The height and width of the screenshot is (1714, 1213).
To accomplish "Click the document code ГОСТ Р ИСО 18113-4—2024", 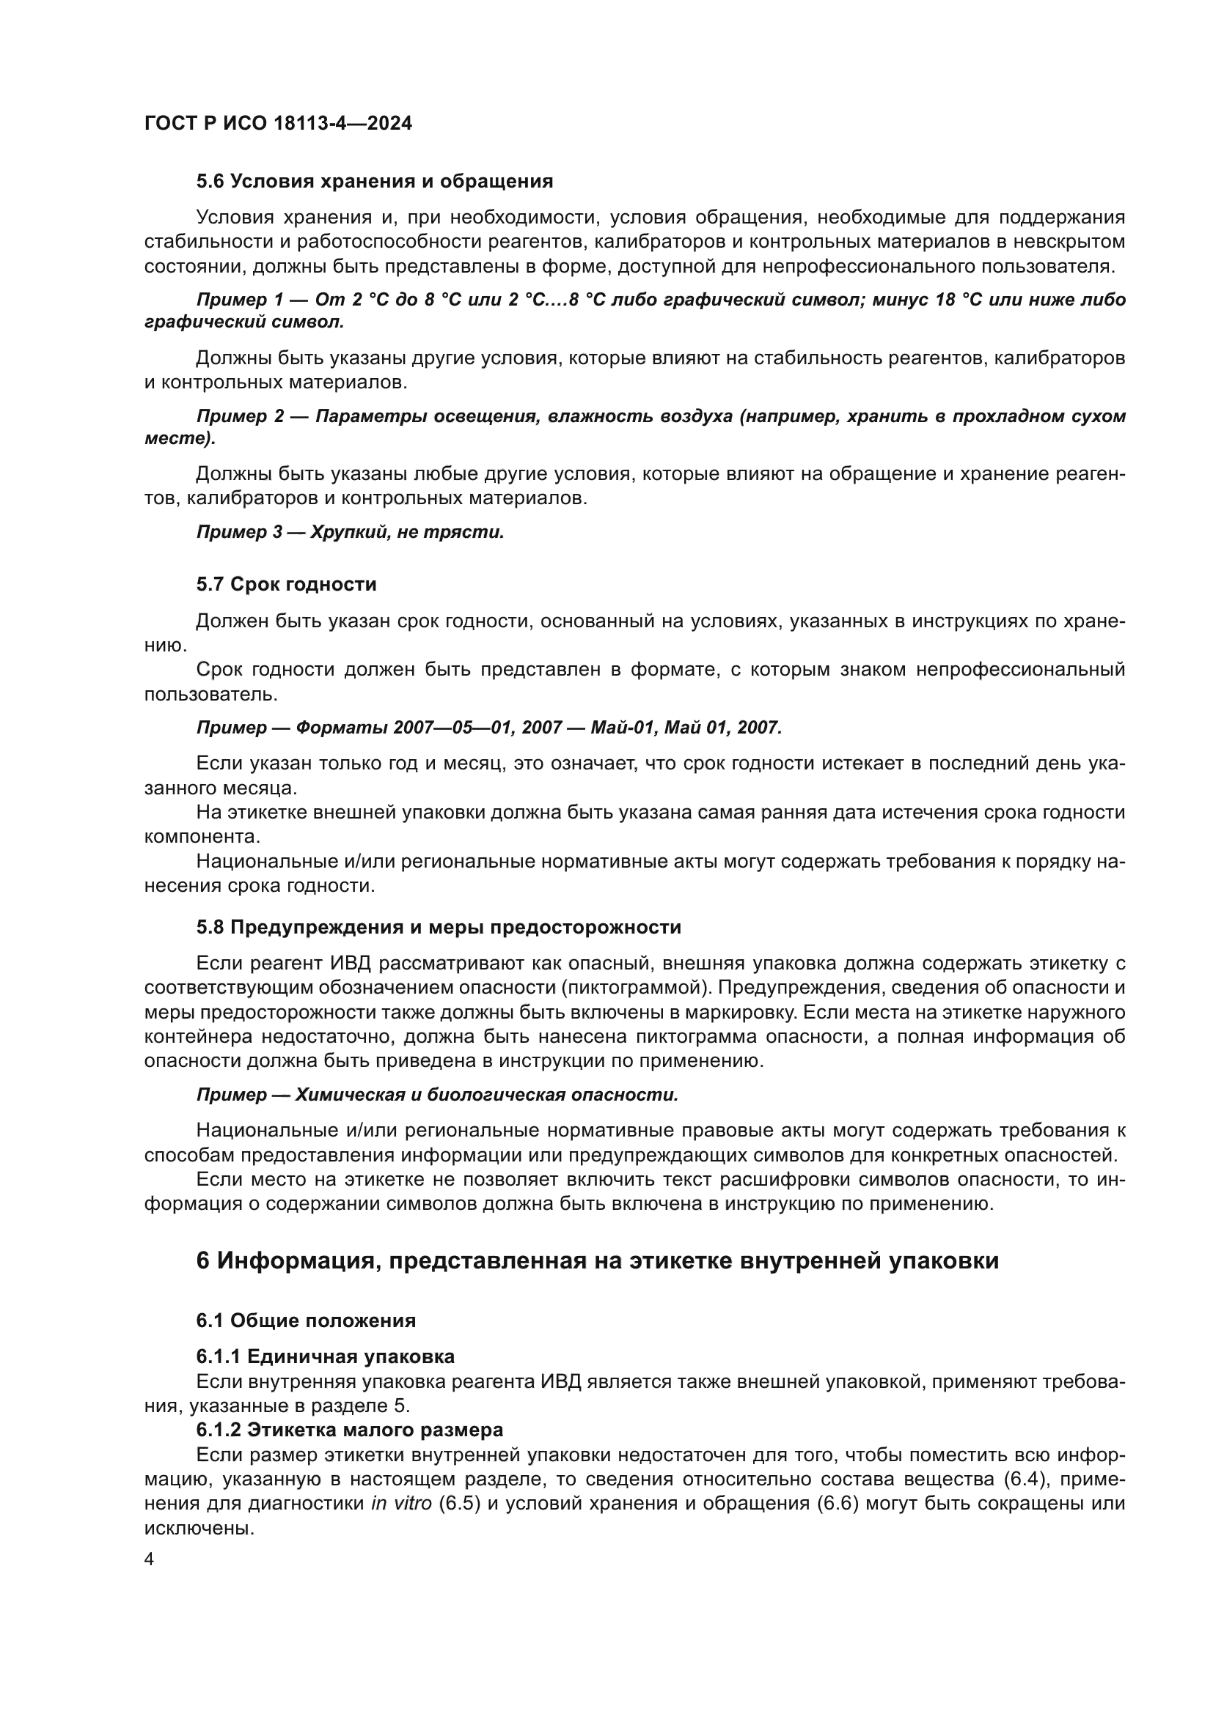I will click(x=278, y=123).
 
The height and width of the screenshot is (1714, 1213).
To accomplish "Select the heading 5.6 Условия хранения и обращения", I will click(x=374, y=182).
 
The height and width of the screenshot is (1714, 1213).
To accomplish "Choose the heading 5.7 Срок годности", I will click(x=286, y=585).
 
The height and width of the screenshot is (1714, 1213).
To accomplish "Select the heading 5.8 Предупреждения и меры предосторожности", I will click(x=439, y=928).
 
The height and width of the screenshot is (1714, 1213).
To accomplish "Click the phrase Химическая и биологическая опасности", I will click(x=486, y=1095).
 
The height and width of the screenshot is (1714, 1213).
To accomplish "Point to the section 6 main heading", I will click(x=597, y=1261).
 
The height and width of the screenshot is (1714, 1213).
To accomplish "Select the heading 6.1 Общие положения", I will click(x=306, y=1320).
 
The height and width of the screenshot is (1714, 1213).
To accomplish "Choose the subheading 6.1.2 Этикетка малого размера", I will click(x=350, y=1430).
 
